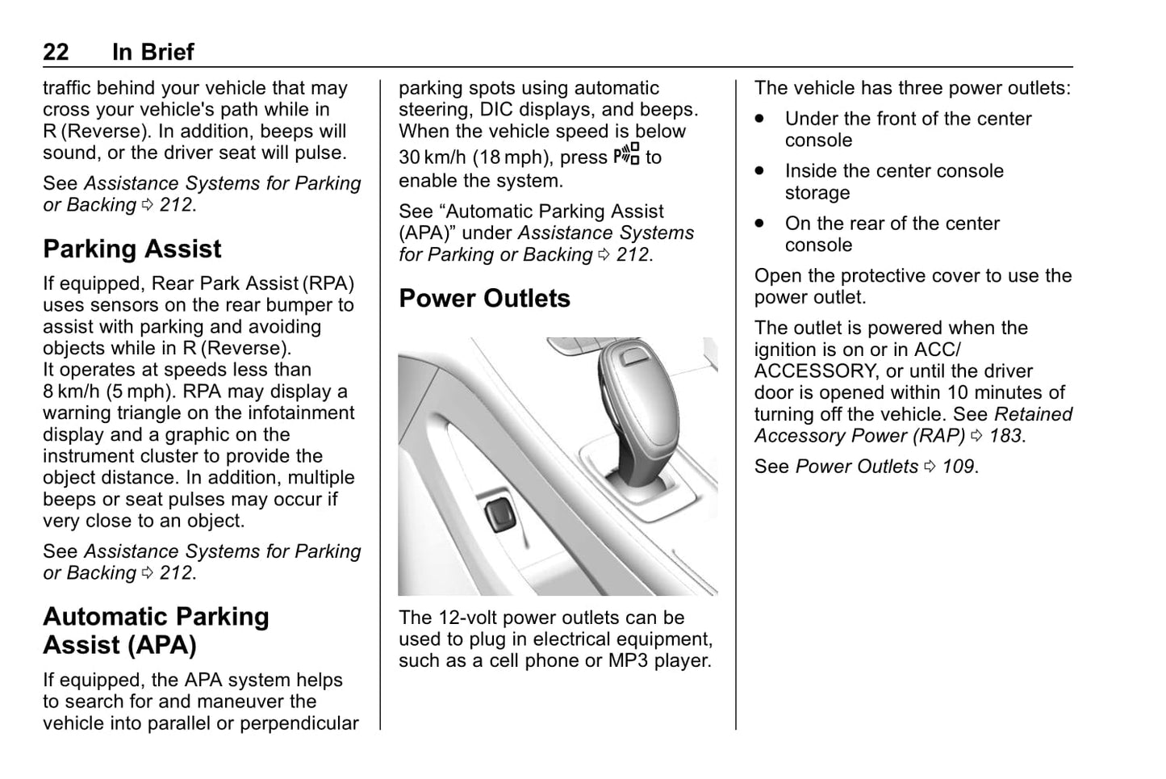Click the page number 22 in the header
[x=56, y=52]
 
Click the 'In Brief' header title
[x=153, y=52]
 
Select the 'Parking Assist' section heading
[x=132, y=249]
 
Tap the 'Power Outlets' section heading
[x=484, y=299]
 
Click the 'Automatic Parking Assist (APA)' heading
[x=156, y=630]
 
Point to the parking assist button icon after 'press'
[x=626, y=154]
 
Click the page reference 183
[x=1005, y=436]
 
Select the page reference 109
[x=959, y=467]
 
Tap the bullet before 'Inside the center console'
[x=759, y=171]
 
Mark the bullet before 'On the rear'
[x=759, y=224]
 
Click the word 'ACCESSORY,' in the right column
[x=816, y=371]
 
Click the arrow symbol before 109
[x=930, y=467]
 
